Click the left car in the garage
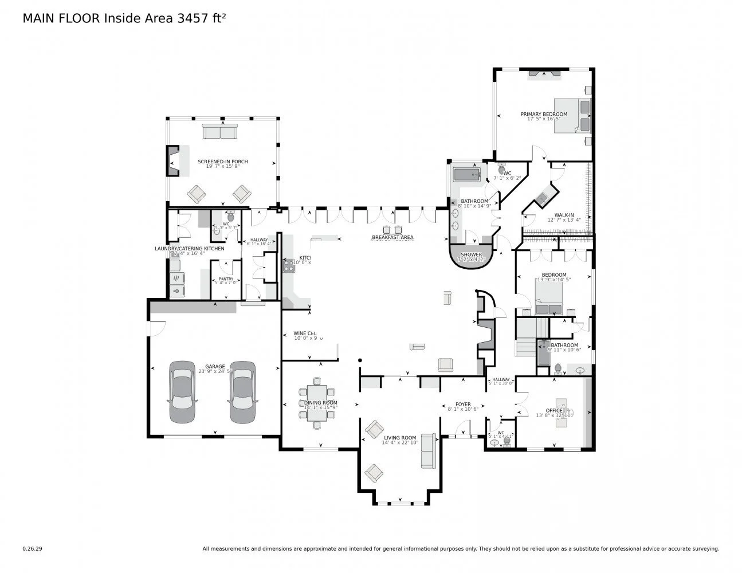[182, 392]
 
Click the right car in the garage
[241, 392]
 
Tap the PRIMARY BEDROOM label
[543, 114]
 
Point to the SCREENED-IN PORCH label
[222, 162]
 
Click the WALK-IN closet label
[564, 215]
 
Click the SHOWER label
[472, 254]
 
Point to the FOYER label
[463, 403]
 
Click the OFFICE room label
[553, 410]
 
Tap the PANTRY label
[225, 279]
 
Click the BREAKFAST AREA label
[392, 237]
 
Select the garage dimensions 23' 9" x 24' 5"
[215, 371]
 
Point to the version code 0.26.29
[32, 548]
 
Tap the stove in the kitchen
[288, 265]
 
